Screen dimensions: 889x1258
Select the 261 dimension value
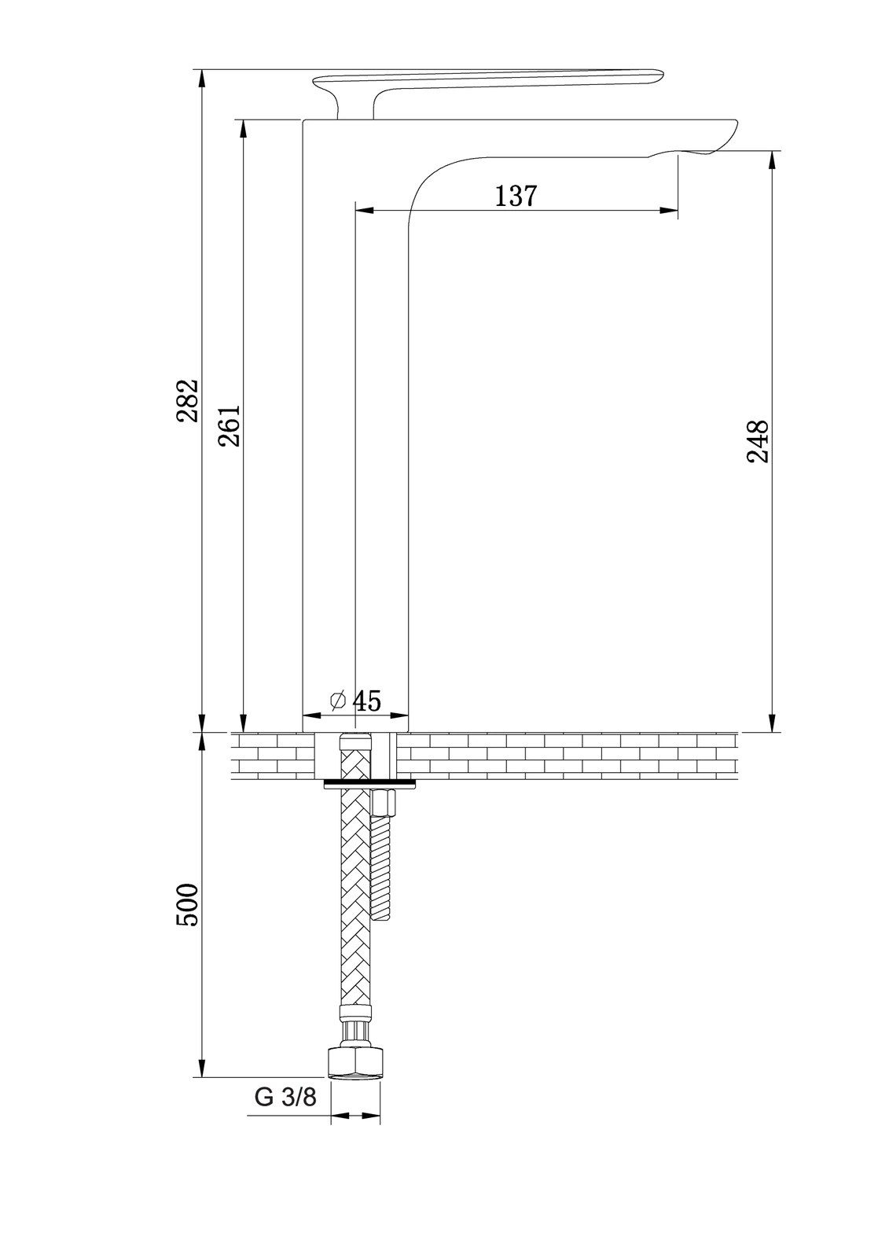pyautogui.click(x=230, y=425)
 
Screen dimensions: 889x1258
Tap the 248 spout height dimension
pyautogui.click(x=758, y=441)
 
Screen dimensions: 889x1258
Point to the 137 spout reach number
pyautogui.click(x=516, y=196)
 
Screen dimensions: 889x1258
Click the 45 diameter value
pyautogui.click(x=367, y=701)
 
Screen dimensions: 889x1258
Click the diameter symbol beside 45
pyautogui.click(x=337, y=701)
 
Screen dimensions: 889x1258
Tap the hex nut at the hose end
pyautogui.click(x=355, y=1061)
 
